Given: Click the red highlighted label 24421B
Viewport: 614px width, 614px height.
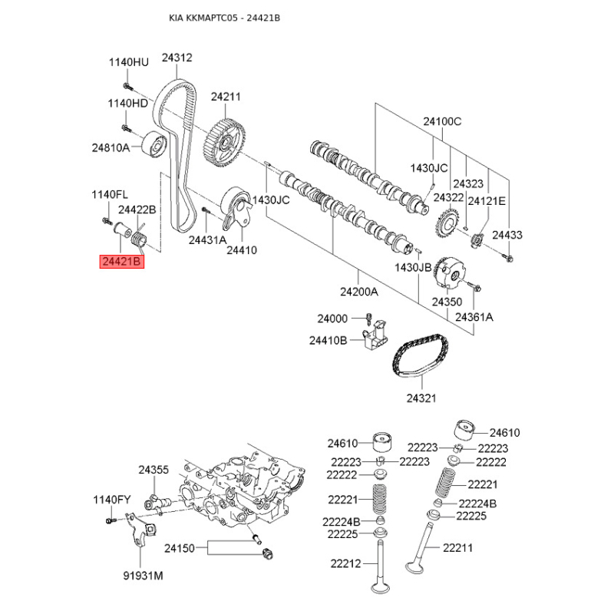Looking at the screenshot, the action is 122,261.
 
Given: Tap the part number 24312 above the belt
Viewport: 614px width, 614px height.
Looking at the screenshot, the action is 177,58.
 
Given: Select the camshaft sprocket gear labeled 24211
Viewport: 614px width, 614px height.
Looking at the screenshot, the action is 224,144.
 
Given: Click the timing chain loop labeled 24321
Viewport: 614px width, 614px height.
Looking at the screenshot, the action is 420,355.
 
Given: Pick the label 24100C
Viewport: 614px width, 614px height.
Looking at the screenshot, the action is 442,121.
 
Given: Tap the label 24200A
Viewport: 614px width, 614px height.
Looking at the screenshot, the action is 358,292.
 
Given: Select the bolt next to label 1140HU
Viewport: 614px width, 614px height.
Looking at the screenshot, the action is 127,85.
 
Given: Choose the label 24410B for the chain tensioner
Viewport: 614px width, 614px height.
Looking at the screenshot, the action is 328,340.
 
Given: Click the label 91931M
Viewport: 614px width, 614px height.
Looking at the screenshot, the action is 144,576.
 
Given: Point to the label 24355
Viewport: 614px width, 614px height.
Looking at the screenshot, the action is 153,470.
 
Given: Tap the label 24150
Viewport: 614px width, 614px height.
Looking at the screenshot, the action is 180,548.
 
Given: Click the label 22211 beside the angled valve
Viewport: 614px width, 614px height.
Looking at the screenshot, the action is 457,548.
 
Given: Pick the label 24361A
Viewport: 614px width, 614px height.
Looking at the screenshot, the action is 474,316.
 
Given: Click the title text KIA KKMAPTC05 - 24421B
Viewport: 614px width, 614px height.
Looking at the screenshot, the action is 224,18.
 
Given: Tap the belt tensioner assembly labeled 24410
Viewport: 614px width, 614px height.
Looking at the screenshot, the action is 236,209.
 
